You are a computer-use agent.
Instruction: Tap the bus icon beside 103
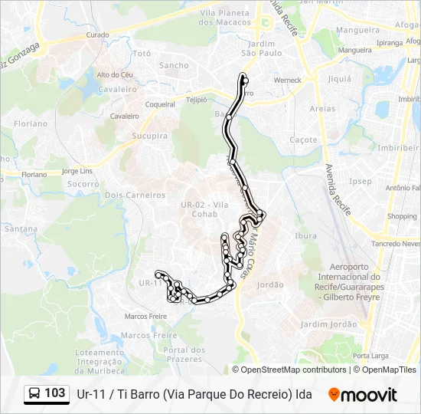[x=35, y=394]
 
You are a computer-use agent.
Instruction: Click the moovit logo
[x=363, y=395]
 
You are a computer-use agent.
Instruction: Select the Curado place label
[x=97, y=35]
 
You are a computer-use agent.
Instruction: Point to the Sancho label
[x=174, y=65]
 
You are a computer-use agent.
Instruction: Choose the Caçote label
[x=304, y=140]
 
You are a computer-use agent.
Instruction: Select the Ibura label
[x=305, y=236]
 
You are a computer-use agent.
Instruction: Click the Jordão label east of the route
[x=270, y=284]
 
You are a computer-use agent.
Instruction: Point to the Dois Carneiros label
[x=135, y=195]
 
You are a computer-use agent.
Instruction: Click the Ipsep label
[x=360, y=182]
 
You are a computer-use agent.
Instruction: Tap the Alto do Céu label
[x=116, y=74]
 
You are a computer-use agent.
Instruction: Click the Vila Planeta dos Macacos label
[x=225, y=18]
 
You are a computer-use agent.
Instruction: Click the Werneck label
[x=288, y=80]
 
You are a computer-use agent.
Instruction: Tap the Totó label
[x=142, y=54]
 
